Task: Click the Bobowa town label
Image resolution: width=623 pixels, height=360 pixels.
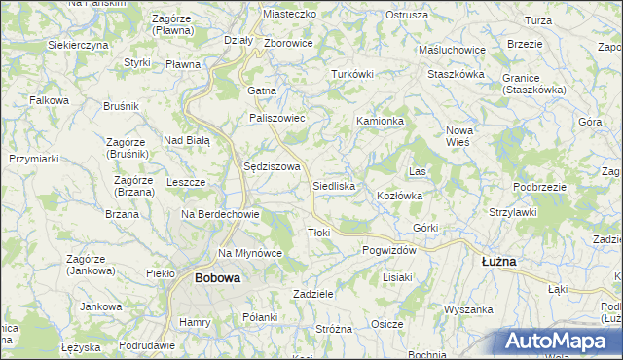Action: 217,277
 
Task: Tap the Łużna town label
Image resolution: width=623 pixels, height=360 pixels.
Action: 499,262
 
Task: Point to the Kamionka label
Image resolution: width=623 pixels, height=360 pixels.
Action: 380,121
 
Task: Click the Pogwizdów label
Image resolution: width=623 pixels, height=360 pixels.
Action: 389,250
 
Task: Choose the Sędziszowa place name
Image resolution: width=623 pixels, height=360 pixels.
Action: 270,166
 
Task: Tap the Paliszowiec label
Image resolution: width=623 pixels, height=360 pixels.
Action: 277,118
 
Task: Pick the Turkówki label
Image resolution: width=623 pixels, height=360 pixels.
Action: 352,74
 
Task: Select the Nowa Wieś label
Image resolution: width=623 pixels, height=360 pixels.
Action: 458,136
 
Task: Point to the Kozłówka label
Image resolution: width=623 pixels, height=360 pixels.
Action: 399,196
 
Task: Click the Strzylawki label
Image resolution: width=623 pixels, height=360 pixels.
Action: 514,211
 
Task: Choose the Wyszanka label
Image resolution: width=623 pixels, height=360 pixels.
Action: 469,309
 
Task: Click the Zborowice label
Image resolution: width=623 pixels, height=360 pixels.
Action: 288,44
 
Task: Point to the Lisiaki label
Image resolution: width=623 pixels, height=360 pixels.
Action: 397,277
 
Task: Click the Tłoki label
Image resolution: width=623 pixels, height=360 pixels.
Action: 319,233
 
